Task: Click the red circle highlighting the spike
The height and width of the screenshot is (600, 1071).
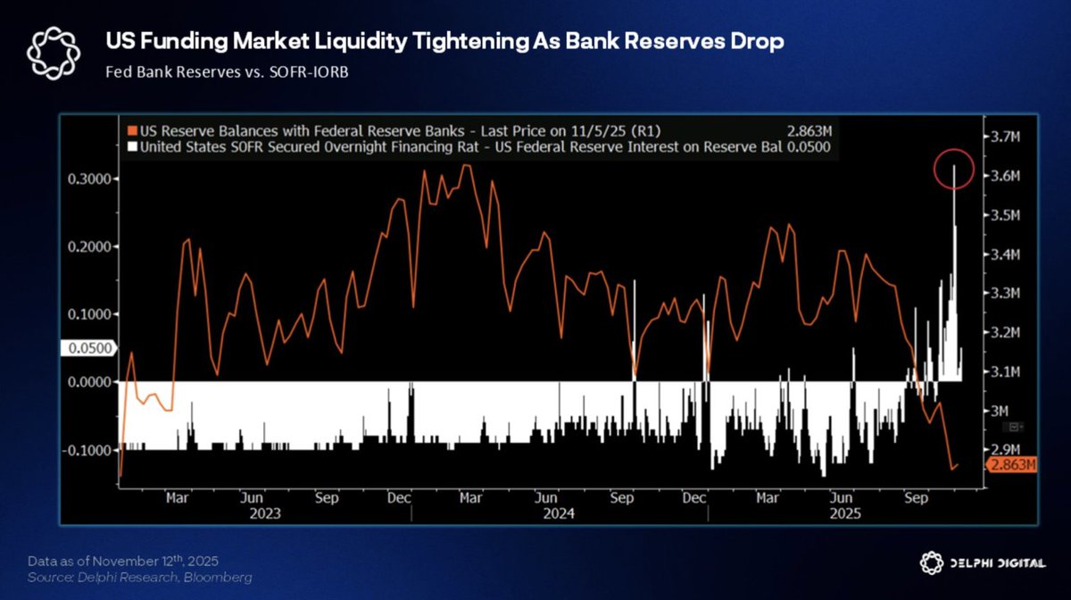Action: pos(954,171)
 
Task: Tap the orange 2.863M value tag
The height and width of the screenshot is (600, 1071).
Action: pos(1011,465)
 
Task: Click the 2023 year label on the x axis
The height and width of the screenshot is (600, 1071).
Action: pos(265,514)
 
